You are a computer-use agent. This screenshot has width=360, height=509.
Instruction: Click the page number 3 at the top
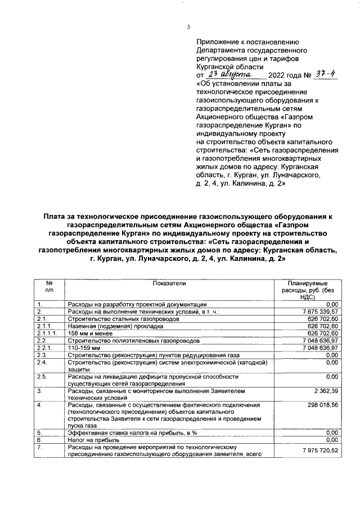188,28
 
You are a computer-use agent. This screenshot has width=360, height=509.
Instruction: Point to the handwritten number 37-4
325,74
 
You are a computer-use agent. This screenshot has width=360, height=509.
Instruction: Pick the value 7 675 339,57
319,311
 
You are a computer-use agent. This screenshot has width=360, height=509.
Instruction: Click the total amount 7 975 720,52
319,451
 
